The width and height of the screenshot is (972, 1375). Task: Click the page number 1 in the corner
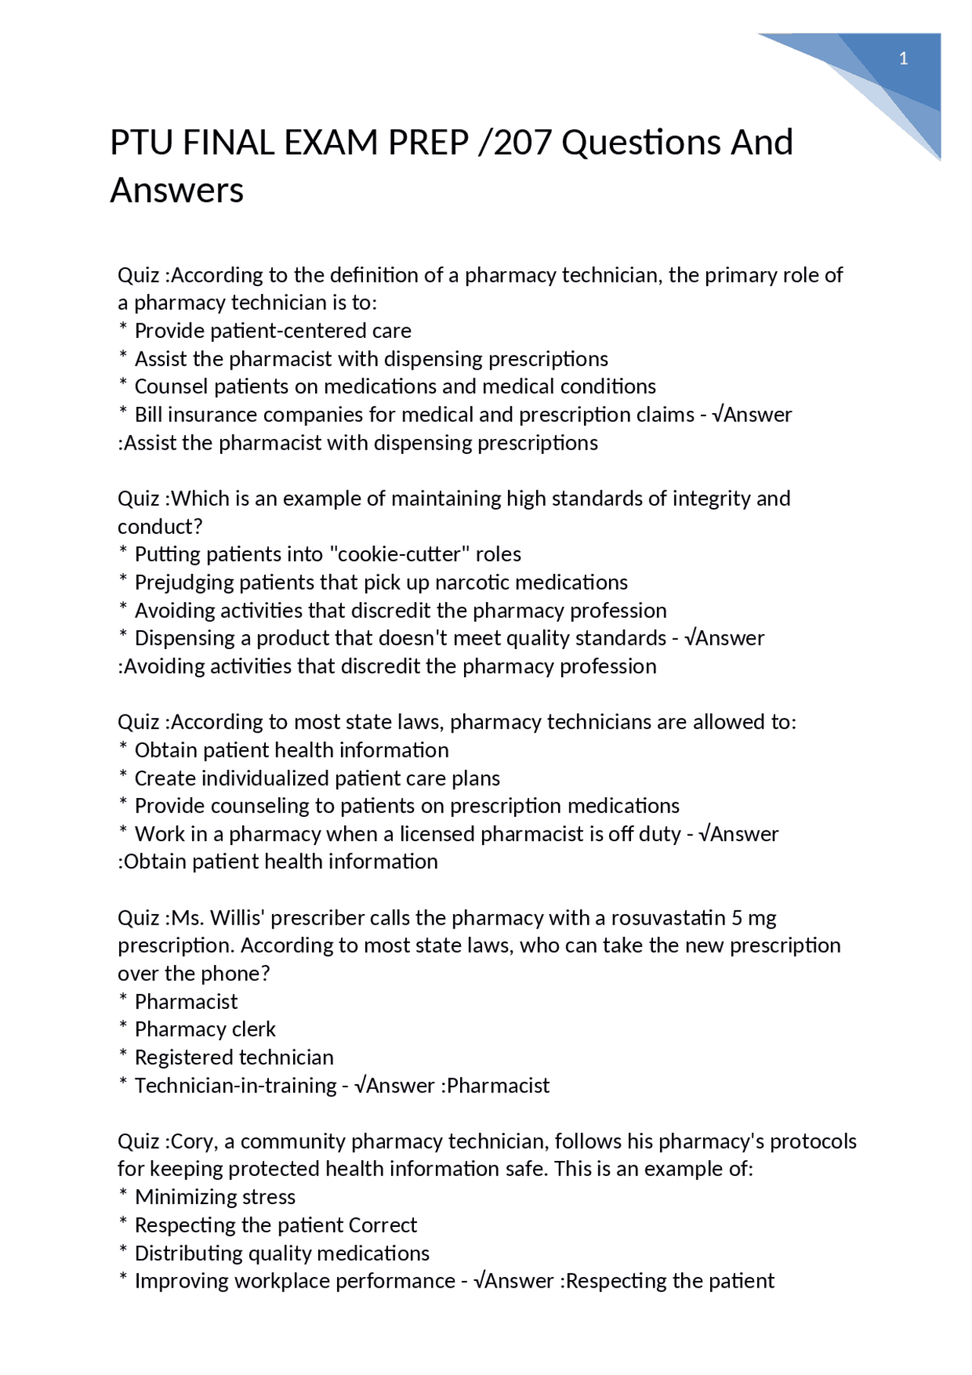[x=903, y=59]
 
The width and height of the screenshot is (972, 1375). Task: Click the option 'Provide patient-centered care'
[x=273, y=331]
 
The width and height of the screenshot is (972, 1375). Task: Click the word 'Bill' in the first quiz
[x=147, y=415]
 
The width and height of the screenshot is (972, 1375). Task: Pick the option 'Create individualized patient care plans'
[x=317, y=778]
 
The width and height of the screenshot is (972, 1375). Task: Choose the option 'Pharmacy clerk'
[x=205, y=1030]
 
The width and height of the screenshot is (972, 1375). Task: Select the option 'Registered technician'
[x=234, y=1058]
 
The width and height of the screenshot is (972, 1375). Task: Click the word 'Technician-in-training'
[x=235, y=1086]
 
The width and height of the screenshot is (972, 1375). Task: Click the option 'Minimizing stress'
[x=215, y=1197]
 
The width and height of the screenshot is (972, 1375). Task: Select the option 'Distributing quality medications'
[x=282, y=1254]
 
